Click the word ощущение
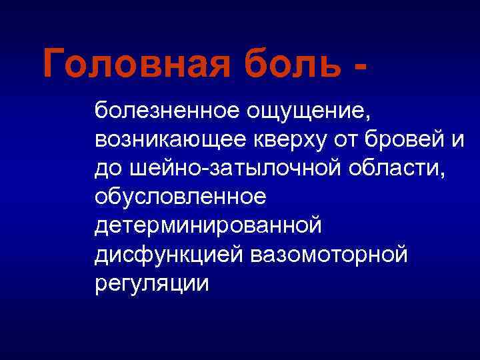(x=300, y=111)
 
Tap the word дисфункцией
(x=171, y=255)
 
